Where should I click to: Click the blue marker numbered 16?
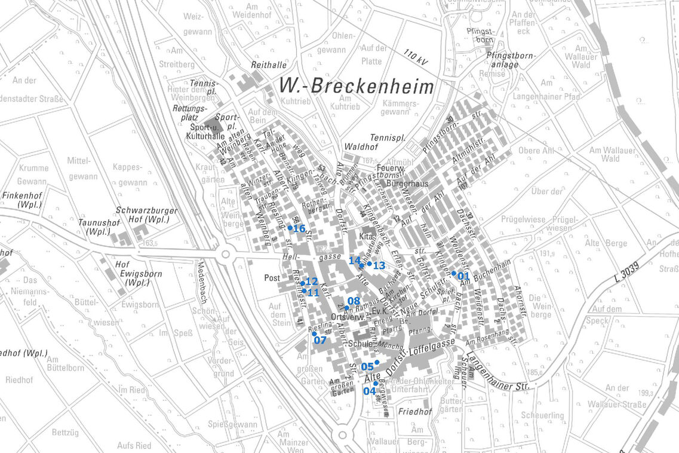pos(290,228)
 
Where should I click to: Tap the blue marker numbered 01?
pos(454,273)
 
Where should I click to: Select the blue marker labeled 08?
pos(347,308)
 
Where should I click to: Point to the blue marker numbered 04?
pos(376,383)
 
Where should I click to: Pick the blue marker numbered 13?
pos(369,264)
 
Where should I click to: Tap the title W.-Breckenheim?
pos(357,87)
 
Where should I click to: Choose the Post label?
pos(272,278)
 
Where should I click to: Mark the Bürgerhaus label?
pos(408,184)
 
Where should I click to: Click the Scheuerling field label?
pos(542,415)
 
